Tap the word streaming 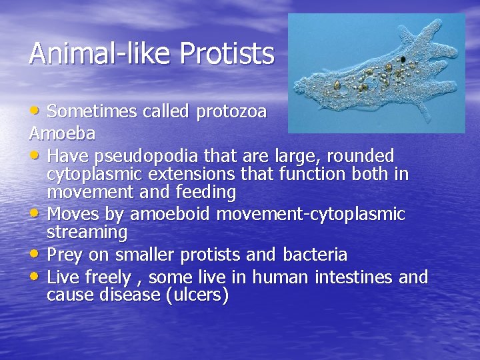(x=87, y=233)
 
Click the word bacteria (x=315, y=254)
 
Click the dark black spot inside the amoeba (x=403, y=60)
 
